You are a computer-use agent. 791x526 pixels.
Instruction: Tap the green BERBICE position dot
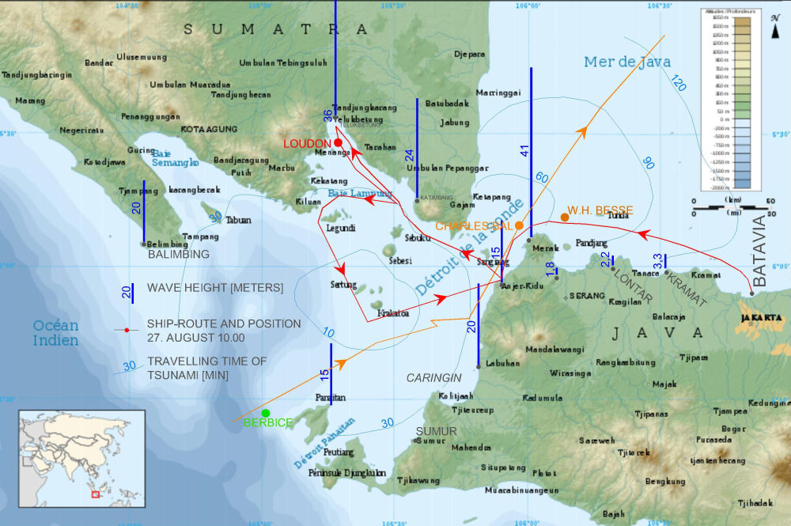click(266, 413)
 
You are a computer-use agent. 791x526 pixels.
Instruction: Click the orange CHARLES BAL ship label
click(474, 225)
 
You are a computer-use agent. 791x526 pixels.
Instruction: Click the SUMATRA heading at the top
click(276, 29)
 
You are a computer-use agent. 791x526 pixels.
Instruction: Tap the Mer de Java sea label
click(627, 62)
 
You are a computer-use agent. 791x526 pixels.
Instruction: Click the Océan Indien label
click(55, 333)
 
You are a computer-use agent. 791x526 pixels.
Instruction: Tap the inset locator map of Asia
click(82, 460)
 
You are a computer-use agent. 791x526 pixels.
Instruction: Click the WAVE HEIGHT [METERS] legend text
click(214, 288)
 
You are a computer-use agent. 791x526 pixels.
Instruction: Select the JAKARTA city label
click(761, 318)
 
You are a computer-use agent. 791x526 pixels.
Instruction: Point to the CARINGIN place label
click(433, 378)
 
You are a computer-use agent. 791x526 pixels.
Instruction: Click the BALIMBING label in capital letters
click(179, 255)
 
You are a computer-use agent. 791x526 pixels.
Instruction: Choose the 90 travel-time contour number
click(649, 163)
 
